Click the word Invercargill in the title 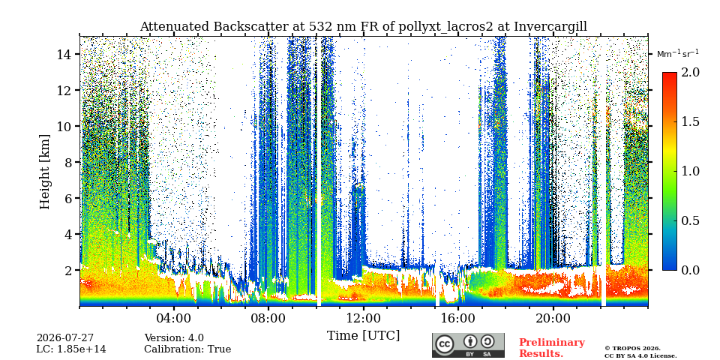point(550,27)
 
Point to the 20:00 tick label point(553,318)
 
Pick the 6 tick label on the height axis point(70,198)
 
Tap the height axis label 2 point(70,271)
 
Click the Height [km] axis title point(44,172)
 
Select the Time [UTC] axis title point(363,336)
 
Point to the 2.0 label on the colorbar point(690,73)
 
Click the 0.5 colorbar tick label point(690,220)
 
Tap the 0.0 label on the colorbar point(690,270)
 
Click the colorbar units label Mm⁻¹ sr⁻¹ point(678,54)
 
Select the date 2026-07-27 point(65,338)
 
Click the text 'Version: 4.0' point(174,338)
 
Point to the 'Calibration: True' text point(187,349)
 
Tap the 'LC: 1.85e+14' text point(71,349)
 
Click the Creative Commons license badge point(468,345)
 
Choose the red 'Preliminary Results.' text point(552,348)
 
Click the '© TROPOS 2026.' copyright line point(632,349)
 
